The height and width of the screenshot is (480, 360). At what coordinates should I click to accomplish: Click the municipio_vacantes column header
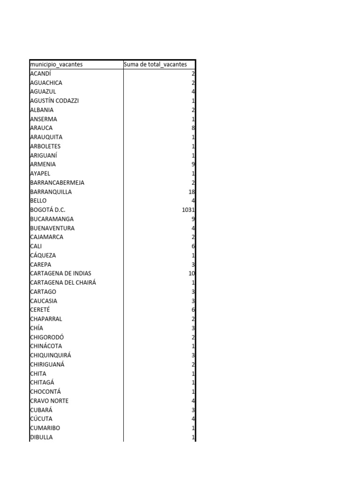[x=56, y=64]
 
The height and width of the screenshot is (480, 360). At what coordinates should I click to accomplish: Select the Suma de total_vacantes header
[x=155, y=64]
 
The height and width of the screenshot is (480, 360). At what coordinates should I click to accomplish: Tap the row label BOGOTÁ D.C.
[x=51, y=210]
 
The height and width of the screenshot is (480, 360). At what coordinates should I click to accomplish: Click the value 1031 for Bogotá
[x=188, y=210]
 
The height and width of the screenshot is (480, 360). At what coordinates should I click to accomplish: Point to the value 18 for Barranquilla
[x=191, y=192]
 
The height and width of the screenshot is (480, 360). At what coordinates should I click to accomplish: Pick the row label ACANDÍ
[x=40, y=74]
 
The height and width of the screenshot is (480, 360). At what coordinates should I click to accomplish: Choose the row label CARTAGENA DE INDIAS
[x=60, y=273]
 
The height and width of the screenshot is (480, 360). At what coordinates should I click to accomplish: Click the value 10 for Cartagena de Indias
[x=191, y=273]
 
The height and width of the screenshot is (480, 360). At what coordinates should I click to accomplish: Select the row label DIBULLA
[x=41, y=437]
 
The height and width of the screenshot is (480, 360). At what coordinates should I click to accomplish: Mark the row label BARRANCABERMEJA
[x=57, y=182]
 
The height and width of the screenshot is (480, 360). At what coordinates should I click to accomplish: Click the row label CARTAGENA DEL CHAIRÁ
[x=63, y=283]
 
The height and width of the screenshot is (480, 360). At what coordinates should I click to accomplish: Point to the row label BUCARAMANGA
[x=52, y=219]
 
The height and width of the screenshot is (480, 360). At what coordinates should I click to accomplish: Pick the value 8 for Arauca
[x=193, y=128]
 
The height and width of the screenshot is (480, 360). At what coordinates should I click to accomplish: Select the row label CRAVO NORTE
[x=49, y=401]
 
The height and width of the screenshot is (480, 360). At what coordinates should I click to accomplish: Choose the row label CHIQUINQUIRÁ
[x=51, y=355]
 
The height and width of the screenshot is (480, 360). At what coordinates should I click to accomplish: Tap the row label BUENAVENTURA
[x=52, y=228]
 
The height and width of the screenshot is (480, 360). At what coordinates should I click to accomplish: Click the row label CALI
[x=36, y=246]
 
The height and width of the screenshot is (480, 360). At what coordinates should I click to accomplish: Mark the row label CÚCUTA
[x=41, y=419]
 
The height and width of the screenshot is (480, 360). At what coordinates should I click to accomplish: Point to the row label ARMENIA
[x=43, y=165]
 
